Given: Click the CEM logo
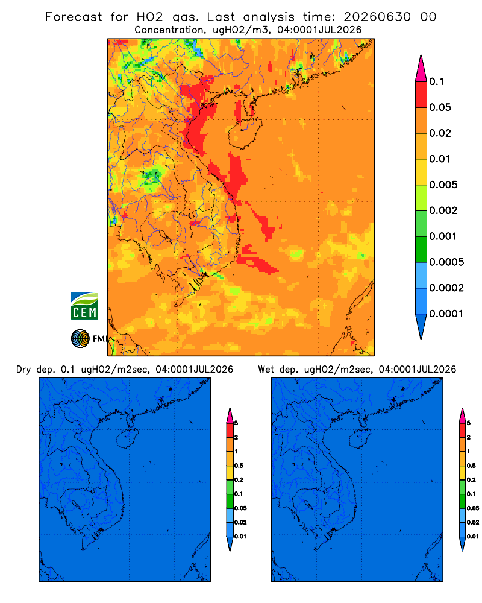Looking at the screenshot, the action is (x=84, y=306).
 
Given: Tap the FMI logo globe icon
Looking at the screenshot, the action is (x=80, y=339).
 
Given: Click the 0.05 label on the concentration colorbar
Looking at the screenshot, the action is (x=440, y=107).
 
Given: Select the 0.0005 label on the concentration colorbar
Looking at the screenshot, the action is (x=446, y=262).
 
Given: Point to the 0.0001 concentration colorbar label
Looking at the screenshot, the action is (x=446, y=314).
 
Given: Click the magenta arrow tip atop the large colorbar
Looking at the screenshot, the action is (x=421, y=68).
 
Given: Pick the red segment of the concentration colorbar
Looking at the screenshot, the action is (x=421, y=94).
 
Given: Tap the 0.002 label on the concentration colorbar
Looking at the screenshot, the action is (x=443, y=210).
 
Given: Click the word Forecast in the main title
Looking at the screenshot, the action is (x=74, y=17).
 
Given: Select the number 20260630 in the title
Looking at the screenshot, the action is (x=377, y=17).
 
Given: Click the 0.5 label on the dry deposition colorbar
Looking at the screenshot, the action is (x=239, y=466).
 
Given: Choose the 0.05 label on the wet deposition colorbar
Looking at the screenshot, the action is (x=473, y=508).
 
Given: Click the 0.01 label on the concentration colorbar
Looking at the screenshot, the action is (x=440, y=159).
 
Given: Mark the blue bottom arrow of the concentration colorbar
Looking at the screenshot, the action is (x=421, y=325).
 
